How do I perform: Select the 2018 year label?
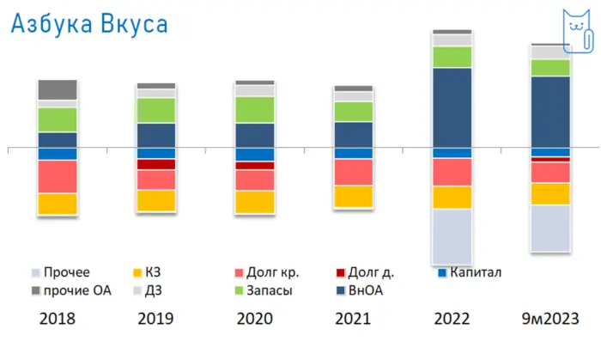point(58,319)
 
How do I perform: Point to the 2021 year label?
point(354,319)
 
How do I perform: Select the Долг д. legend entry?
point(371,273)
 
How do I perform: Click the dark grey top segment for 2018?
point(58,89)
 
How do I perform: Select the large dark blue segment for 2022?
point(452,107)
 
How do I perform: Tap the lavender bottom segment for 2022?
point(452,236)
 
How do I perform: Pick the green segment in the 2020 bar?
point(255,109)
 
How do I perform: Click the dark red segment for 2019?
point(156,164)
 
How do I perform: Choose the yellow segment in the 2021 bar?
point(354,196)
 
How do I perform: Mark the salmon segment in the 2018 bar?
point(58,176)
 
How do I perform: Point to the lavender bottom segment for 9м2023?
point(551,228)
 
